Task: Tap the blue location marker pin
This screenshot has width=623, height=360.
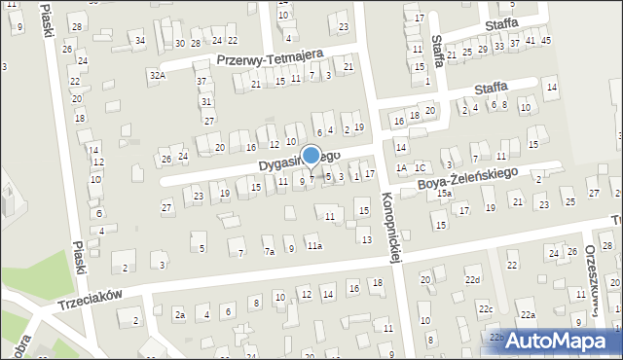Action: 311,156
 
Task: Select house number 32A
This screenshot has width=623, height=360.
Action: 157,75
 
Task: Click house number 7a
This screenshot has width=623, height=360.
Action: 269,251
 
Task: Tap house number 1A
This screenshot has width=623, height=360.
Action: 401,168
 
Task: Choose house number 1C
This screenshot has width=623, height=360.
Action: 420,168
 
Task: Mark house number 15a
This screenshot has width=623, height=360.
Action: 444,194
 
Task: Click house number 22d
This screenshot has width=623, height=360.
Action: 473,280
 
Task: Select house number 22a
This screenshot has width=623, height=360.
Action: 528,315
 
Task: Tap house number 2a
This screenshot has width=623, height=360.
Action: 179,314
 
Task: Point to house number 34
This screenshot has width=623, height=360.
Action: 140,40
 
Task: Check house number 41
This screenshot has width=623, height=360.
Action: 530,40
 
